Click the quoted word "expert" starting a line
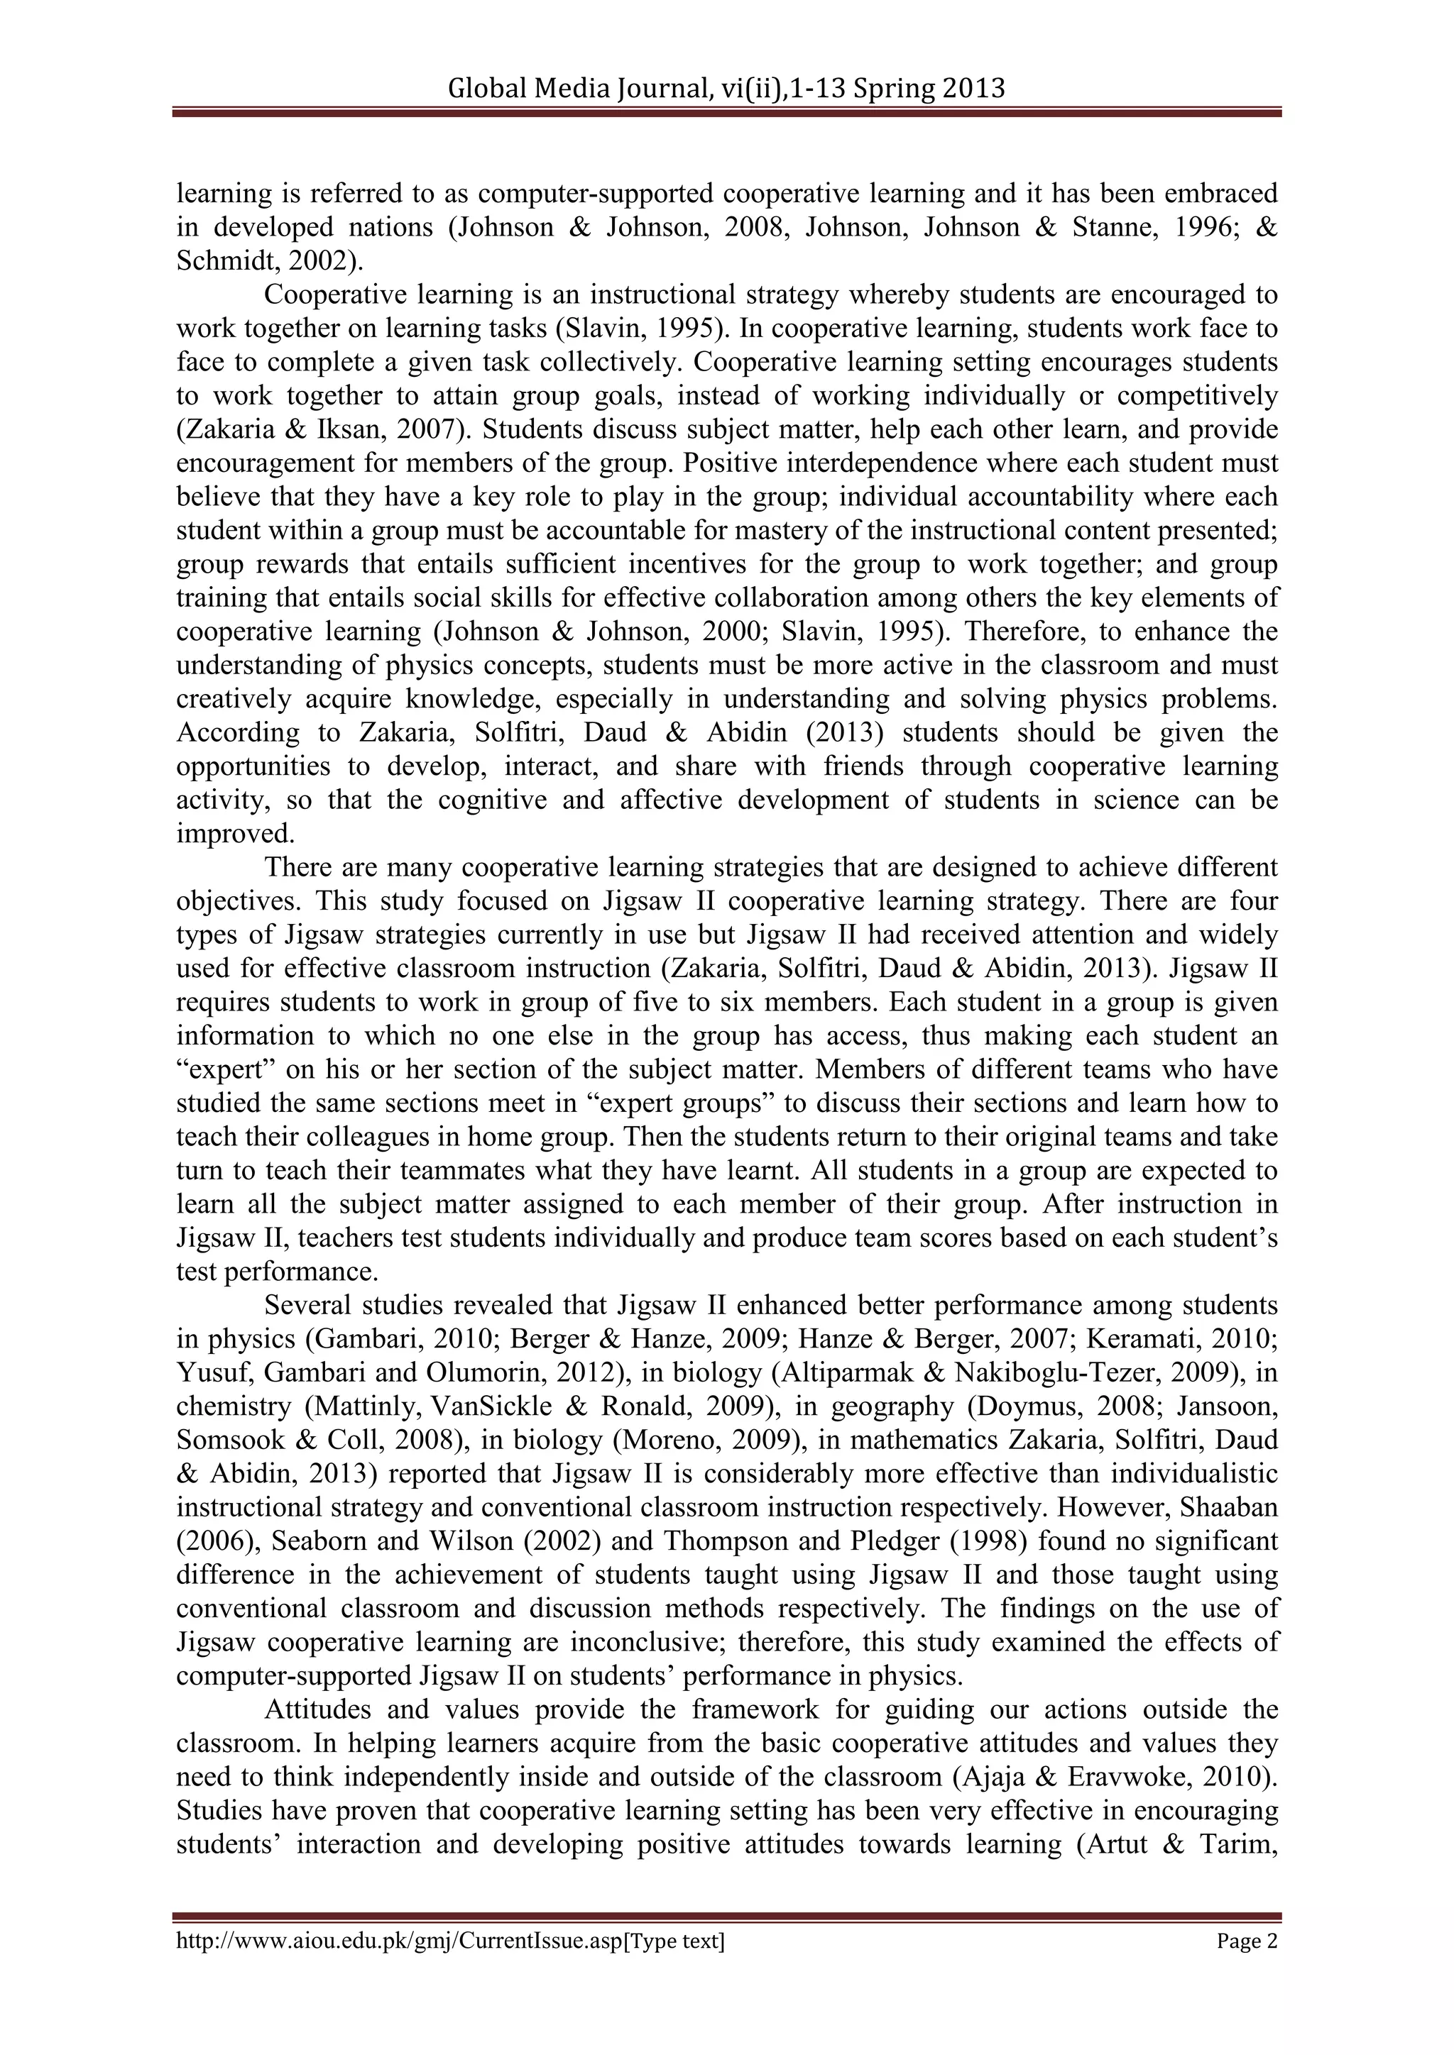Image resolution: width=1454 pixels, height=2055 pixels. (220, 1069)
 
